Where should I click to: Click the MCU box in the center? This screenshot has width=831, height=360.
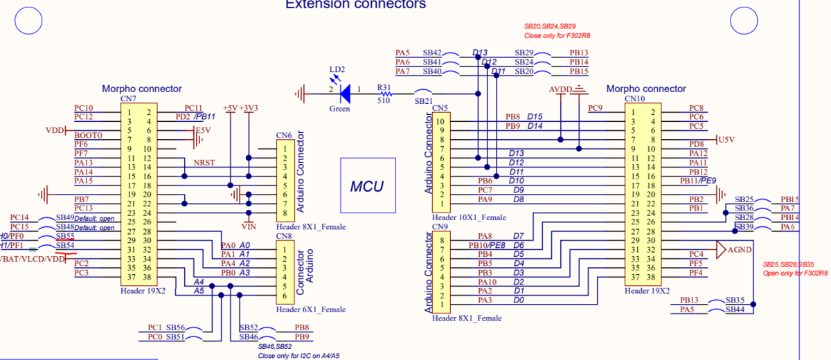pyautogui.click(x=367, y=186)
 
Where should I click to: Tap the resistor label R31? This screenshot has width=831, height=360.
pyautogui.click(x=384, y=88)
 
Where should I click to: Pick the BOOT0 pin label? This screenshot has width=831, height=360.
pyautogui.click(x=88, y=135)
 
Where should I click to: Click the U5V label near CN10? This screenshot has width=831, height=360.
pyautogui.click(x=726, y=139)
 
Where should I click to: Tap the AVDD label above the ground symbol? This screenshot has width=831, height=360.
pyautogui.click(x=561, y=90)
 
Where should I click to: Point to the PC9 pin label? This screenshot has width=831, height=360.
pyautogui.click(x=595, y=108)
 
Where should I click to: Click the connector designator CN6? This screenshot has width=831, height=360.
pyautogui.click(x=284, y=135)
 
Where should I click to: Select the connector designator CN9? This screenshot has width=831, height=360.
pyautogui.click(x=440, y=226)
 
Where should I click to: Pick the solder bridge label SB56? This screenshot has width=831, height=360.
pyautogui.click(x=175, y=327)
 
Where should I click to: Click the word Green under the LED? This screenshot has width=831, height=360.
pyautogui.click(x=339, y=109)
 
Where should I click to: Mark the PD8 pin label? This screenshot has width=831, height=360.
pyautogui.click(x=697, y=144)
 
